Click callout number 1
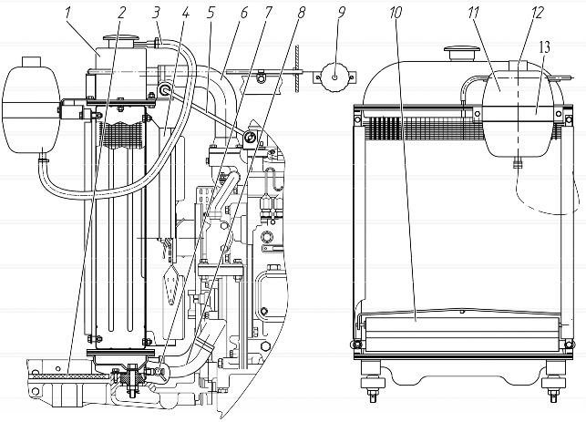click(x=68, y=13)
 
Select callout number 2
click(x=121, y=13)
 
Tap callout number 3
click(x=156, y=13)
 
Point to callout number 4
click(x=185, y=13)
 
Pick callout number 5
click(x=211, y=13)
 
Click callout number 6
click(x=243, y=13)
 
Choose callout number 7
click(x=269, y=13)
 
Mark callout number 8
click(x=301, y=13)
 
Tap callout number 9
click(x=342, y=13)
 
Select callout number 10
click(x=395, y=13)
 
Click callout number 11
click(x=474, y=13)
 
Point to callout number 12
click(x=538, y=13)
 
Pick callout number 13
click(x=544, y=47)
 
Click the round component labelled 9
click(x=334, y=77)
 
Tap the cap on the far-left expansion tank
click(x=31, y=61)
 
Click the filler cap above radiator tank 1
click(x=120, y=39)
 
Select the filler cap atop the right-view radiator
click(x=462, y=52)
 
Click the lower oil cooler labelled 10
click(x=463, y=335)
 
